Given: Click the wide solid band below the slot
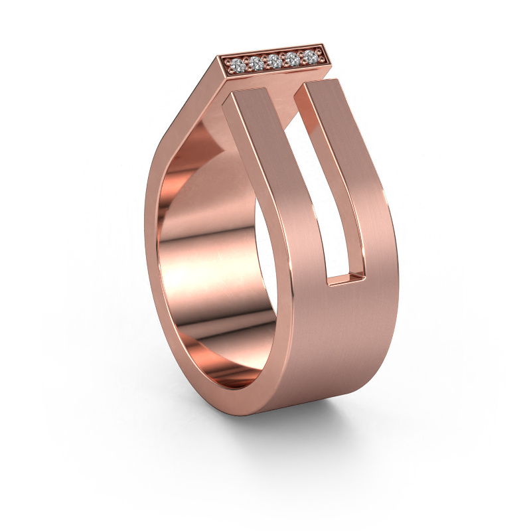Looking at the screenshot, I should [x=339, y=345].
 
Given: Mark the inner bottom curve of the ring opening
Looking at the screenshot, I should [x=212, y=378].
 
